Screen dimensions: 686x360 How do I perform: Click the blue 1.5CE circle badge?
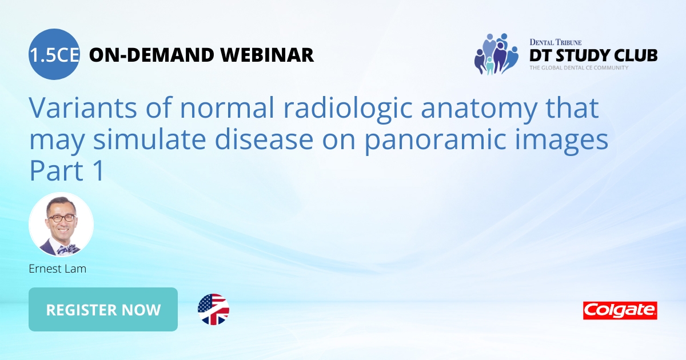click(x=54, y=54)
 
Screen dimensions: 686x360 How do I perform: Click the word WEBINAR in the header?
click(x=267, y=55)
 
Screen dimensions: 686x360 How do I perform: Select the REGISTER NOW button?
click(x=103, y=309)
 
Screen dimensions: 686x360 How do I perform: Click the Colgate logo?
click(x=620, y=310)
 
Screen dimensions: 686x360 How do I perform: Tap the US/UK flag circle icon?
click(x=213, y=309)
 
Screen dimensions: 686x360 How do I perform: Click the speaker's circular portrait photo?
click(x=61, y=225)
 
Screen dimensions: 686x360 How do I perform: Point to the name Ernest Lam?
click(x=58, y=269)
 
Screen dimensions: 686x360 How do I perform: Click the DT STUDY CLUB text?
click(x=593, y=55)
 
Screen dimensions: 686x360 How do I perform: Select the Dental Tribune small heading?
click(x=556, y=42)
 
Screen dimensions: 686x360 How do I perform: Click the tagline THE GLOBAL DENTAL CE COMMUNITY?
click(x=579, y=67)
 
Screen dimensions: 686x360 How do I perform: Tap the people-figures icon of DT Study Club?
click(x=496, y=54)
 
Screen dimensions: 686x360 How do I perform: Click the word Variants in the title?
click(x=83, y=107)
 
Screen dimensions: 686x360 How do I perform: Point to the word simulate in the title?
click(x=149, y=139)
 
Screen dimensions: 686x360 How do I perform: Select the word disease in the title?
click(x=264, y=139)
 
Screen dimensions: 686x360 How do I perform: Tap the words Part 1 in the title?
click(x=67, y=170)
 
